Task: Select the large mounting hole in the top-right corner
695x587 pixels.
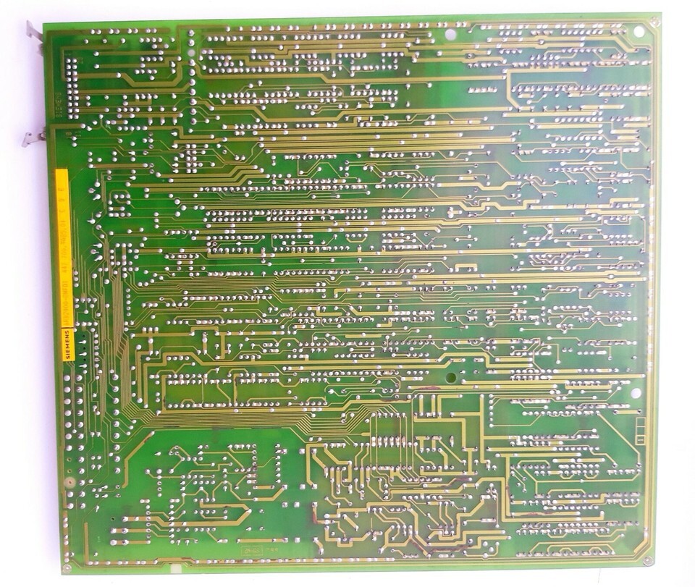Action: [639, 31]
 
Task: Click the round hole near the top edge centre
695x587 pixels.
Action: [450, 33]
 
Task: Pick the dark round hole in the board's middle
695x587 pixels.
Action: [450, 377]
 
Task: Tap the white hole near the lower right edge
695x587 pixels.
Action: [636, 393]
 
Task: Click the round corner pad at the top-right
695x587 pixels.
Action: [654, 22]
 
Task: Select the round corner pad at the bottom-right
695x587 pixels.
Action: [648, 560]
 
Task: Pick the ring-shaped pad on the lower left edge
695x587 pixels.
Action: [69, 483]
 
